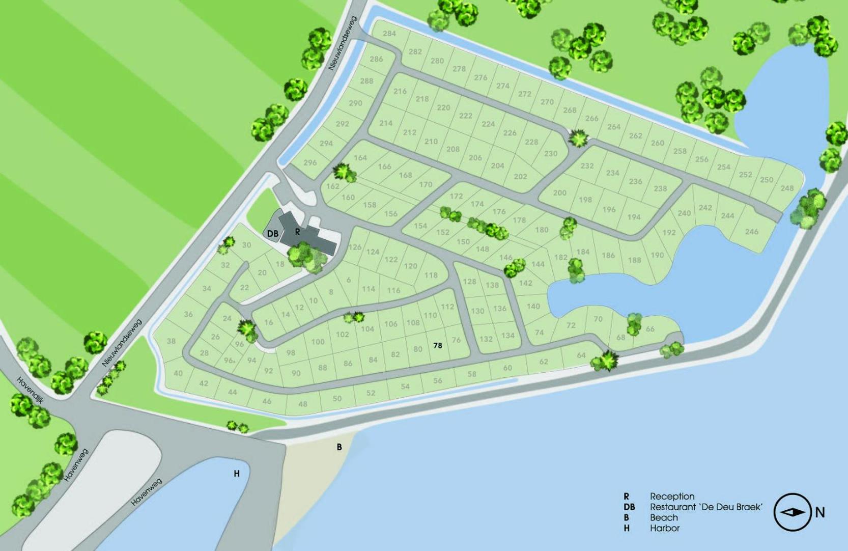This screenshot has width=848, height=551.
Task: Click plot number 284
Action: (389, 34)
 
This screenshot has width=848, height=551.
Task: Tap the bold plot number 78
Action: (438, 345)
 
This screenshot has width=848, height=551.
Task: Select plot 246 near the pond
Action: (752, 232)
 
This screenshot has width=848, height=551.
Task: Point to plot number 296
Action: (310, 163)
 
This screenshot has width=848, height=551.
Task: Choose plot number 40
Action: (178, 373)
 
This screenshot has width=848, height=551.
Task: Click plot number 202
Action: (520, 177)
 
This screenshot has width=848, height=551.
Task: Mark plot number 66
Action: (650, 329)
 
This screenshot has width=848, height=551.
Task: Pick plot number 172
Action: (456, 196)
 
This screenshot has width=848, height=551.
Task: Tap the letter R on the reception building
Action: (298, 232)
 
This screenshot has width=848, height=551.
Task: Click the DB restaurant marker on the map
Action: (273, 234)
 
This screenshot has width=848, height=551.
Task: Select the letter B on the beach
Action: (339, 447)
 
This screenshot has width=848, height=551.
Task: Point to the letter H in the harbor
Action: (237, 474)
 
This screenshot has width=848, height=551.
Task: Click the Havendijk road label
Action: (31, 390)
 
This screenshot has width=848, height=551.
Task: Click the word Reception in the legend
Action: (672, 496)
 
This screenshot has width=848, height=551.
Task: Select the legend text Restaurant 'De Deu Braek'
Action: (706, 507)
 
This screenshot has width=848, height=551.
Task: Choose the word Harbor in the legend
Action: (665, 528)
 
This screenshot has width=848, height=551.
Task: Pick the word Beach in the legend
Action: (664, 517)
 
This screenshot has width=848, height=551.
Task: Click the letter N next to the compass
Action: (820, 512)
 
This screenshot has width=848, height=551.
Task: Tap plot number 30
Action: (246, 245)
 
